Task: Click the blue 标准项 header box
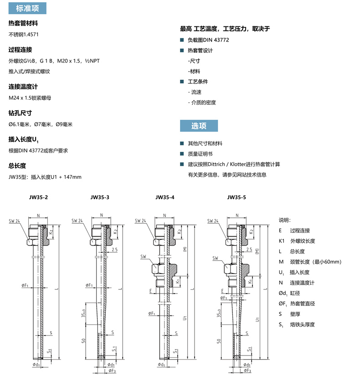pos(27,8)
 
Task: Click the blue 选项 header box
pos(199,126)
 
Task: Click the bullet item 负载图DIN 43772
pos(208,40)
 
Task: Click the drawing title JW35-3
pos(100,197)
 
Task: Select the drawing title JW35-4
pos(165,197)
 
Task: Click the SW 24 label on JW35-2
pos(14,221)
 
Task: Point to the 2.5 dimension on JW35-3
pos(114,250)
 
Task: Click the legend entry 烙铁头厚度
pos(303,324)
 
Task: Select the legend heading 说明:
pos(284,220)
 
